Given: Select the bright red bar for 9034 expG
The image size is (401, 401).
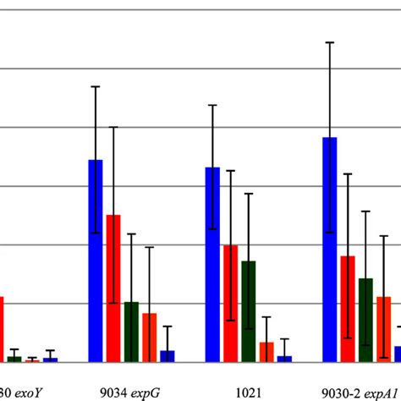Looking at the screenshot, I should pyautogui.click(x=113, y=288).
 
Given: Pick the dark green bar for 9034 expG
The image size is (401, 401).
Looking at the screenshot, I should pyautogui.click(x=131, y=332).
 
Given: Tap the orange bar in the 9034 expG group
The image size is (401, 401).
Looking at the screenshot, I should pyautogui.click(x=149, y=338).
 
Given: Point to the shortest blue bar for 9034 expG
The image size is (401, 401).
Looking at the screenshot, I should pyautogui.click(x=168, y=356).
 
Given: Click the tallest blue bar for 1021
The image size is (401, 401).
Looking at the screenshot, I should pyautogui.click(x=212, y=265).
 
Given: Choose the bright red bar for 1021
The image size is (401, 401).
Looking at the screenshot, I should pyautogui.click(x=230, y=303).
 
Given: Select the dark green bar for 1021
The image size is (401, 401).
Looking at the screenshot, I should pyautogui.click(x=248, y=311).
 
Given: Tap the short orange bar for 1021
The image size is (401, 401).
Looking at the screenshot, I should pyautogui.click(x=266, y=352).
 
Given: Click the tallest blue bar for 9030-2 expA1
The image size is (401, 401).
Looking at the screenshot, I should pyautogui.click(x=330, y=250).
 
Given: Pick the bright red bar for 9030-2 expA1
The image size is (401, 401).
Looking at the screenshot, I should pyautogui.click(x=348, y=309).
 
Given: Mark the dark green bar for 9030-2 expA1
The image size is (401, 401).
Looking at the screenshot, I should pyautogui.click(x=365, y=320).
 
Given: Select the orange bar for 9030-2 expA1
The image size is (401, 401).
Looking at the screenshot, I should pyautogui.click(x=383, y=329).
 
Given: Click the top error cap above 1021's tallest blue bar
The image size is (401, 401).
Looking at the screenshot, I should pyautogui.click(x=212, y=105).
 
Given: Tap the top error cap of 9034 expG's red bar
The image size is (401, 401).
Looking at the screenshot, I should pyautogui.click(x=113, y=127).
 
